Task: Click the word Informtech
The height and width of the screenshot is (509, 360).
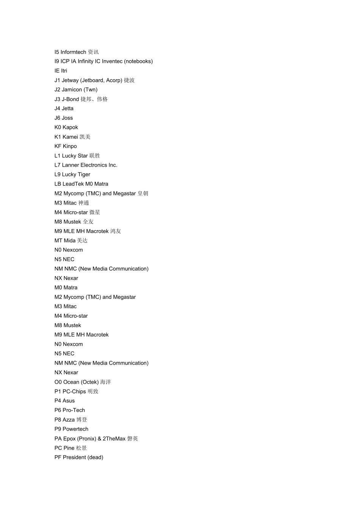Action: (73, 52)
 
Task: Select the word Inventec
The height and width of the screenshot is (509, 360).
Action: (112, 61)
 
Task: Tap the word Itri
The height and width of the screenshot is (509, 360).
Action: (64, 71)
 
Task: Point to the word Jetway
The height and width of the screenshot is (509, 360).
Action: (70, 80)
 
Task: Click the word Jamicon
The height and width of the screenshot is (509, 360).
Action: (72, 90)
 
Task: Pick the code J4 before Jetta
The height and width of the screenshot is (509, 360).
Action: (57, 108)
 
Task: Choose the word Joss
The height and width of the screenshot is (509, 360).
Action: (67, 118)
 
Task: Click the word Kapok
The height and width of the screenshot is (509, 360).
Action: (70, 127)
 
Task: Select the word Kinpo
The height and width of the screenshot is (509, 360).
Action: (70, 146)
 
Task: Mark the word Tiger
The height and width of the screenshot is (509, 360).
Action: (84, 175)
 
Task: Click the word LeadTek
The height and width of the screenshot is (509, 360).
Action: (73, 184)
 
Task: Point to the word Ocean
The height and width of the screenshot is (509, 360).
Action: (71, 382)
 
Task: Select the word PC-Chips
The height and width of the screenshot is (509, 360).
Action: (74, 391)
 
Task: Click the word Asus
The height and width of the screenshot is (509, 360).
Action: (69, 401)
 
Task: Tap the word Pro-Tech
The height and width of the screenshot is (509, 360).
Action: (74, 410)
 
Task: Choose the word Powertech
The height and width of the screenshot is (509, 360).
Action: (75, 429)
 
